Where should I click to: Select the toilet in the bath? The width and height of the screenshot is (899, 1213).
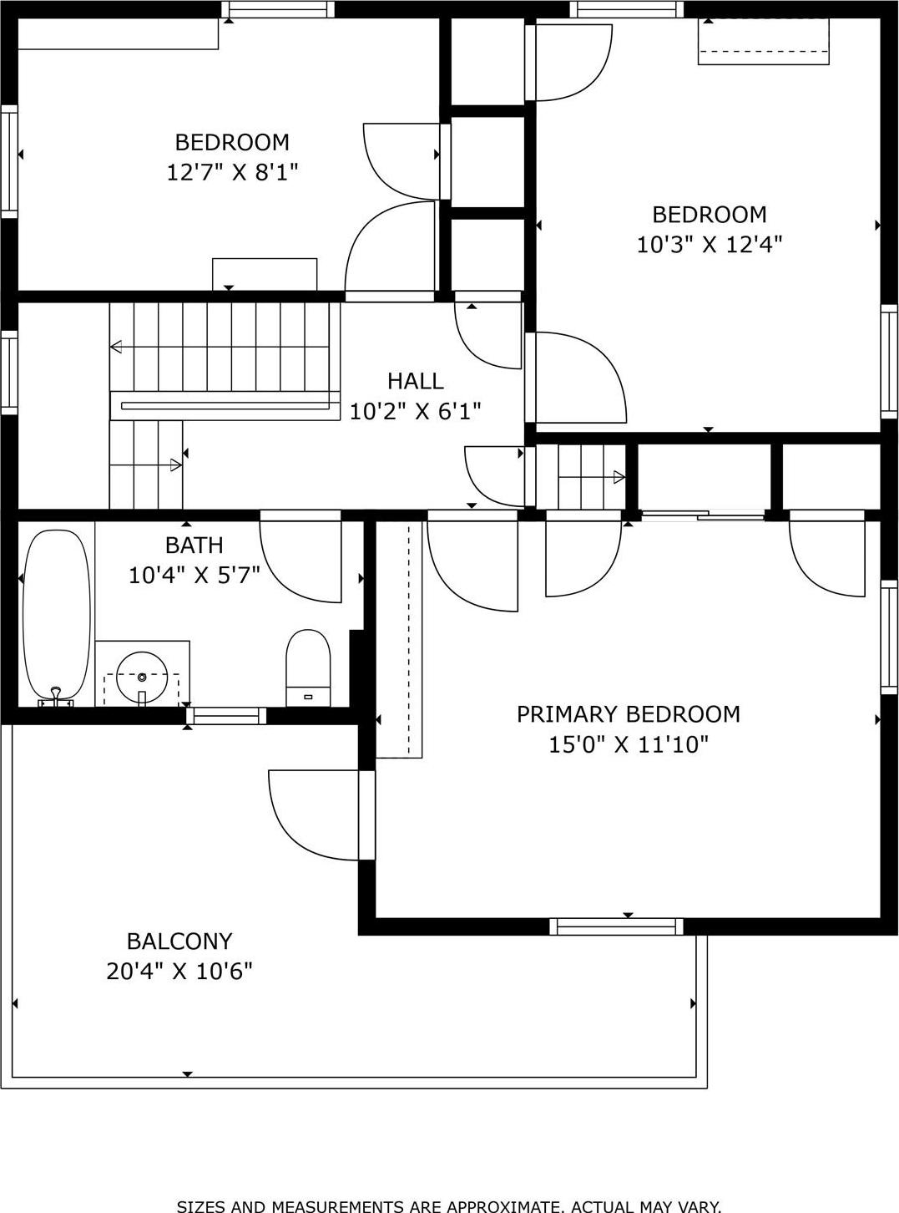click(x=308, y=668)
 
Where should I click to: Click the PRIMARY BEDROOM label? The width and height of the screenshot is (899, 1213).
click(x=628, y=714)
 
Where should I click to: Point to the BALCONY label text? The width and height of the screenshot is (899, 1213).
click(x=179, y=941)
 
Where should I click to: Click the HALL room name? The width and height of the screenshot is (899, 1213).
click(x=415, y=381)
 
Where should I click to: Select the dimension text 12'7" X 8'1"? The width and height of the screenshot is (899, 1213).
click(x=232, y=172)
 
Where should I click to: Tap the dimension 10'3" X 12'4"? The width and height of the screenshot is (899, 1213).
click(x=709, y=245)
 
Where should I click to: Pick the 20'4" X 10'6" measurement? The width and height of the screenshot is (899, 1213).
click(x=179, y=972)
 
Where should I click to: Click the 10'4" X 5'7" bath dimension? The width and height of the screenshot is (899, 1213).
click(x=194, y=575)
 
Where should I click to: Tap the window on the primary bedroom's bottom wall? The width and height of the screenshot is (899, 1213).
click(x=616, y=926)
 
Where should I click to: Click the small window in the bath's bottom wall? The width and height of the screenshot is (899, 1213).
click(x=226, y=716)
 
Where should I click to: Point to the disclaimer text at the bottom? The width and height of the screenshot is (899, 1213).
click(x=449, y=1205)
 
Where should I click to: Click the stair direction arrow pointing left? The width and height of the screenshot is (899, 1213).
click(x=117, y=347)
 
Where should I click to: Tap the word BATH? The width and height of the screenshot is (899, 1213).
click(x=194, y=545)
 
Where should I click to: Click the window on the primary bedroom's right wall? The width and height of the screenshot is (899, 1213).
click(x=890, y=637)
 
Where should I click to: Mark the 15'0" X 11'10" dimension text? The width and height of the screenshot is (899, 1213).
click(x=628, y=744)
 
